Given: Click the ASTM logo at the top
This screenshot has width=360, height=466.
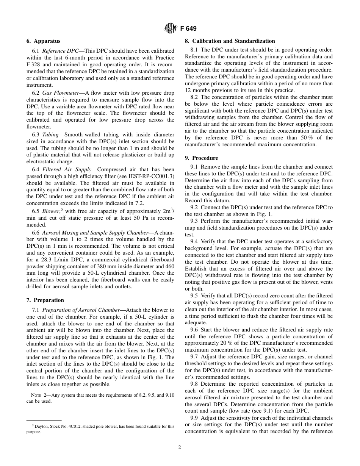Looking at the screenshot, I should tap(171, 28).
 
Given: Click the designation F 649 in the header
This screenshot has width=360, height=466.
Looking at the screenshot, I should tap(188, 28).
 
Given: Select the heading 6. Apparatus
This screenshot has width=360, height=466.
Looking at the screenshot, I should tap(43, 41).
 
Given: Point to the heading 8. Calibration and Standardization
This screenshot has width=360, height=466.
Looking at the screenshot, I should tap(233, 41).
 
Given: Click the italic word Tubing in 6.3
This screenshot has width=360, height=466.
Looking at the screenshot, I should tap(50, 134).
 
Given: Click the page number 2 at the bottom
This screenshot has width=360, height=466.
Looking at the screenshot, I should tap(180, 447).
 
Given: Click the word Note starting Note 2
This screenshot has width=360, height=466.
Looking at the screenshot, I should tap(36, 395).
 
